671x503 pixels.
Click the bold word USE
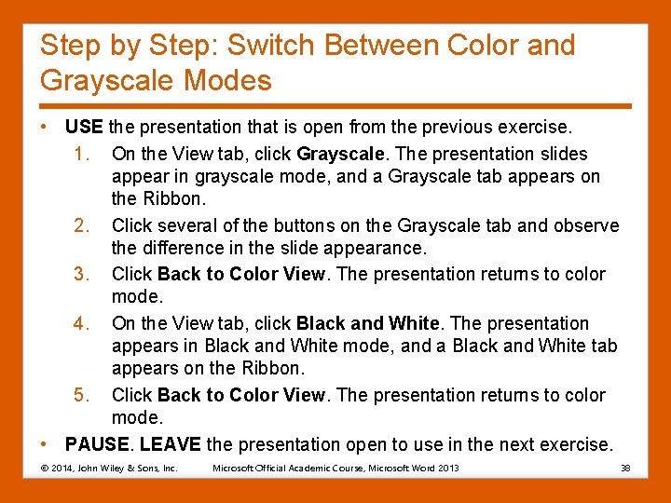tap(84, 127)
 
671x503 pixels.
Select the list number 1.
tap(80, 153)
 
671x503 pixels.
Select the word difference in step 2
tap(184, 249)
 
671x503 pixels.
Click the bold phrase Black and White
tap(367, 323)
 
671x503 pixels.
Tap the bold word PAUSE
tap(96, 444)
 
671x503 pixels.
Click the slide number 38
tap(625, 468)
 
